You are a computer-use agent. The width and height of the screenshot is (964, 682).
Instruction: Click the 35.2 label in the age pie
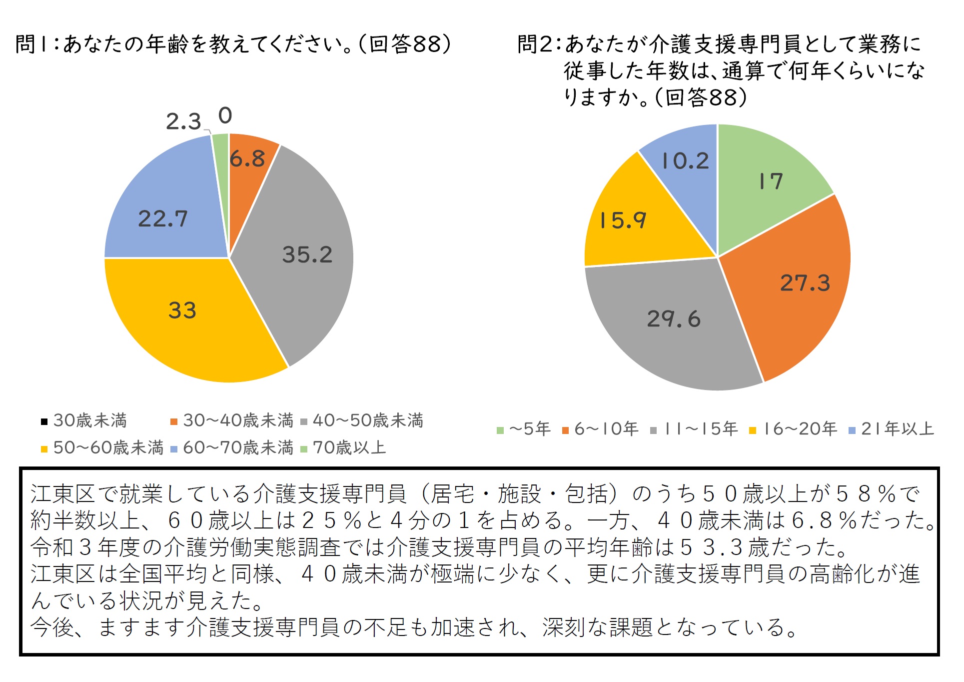pos(307,254)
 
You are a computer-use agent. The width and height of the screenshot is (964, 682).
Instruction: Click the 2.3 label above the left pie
pos(183,121)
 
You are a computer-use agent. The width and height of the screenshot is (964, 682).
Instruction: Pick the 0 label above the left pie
pos(225,115)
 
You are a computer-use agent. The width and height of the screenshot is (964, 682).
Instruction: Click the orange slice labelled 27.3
pos(795,285)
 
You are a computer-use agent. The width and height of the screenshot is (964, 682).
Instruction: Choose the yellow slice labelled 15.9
pos(635,220)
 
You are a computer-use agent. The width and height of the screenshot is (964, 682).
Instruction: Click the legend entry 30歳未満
pos(84,420)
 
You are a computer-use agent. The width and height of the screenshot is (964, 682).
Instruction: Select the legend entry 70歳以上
pos(343,447)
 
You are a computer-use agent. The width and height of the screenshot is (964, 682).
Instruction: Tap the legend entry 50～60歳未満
pos(102,447)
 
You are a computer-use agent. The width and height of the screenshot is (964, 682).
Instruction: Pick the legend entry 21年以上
pos(892,429)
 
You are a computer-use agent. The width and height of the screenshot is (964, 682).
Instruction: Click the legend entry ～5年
pos(524,429)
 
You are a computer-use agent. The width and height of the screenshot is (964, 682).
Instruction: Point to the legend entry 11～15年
pos(694,429)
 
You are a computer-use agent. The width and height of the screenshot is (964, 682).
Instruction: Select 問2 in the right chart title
pos(534,44)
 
